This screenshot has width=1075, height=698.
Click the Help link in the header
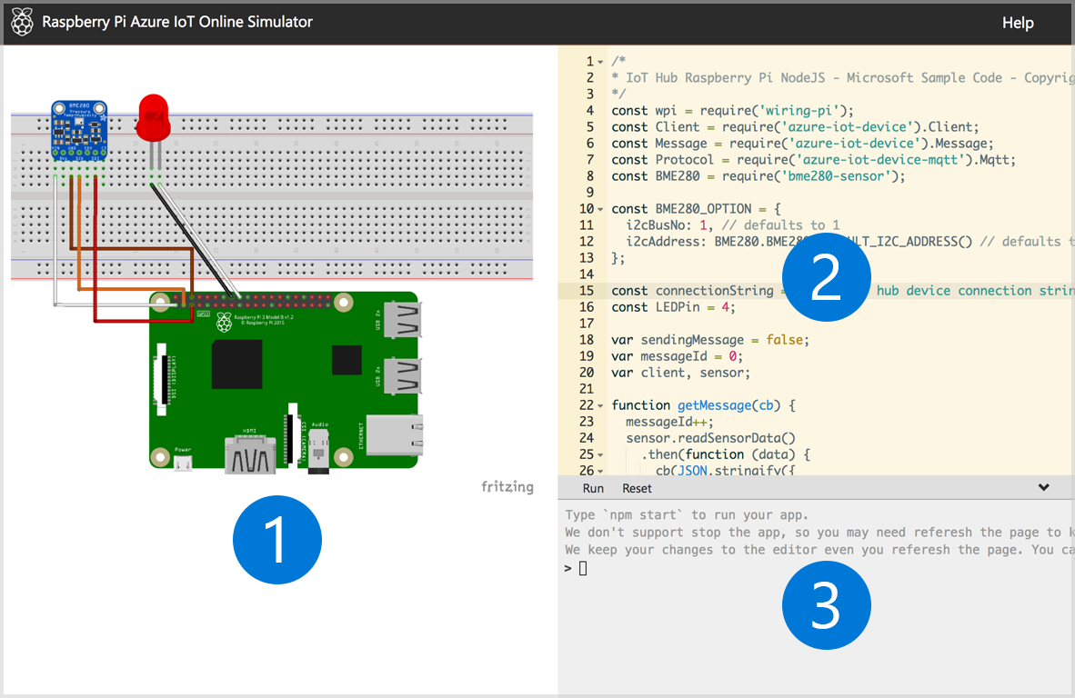(x=1018, y=23)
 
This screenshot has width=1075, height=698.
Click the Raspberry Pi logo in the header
(x=23, y=22)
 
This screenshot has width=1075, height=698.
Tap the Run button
(x=593, y=488)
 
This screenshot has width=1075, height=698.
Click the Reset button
(x=637, y=488)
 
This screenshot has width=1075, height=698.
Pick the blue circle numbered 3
(x=826, y=606)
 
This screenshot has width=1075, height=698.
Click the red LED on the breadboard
(x=154, y=119)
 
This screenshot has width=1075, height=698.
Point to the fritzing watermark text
(x=507, y=487)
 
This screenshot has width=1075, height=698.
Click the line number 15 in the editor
(x=586, y=291)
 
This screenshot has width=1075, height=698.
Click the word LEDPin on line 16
(x=677, y=307)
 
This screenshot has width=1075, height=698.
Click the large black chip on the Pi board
(x=237, y=364)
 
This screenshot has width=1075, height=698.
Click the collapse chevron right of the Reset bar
(x=1043, y=487)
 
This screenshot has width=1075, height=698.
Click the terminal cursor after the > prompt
(x=583, y=569)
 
